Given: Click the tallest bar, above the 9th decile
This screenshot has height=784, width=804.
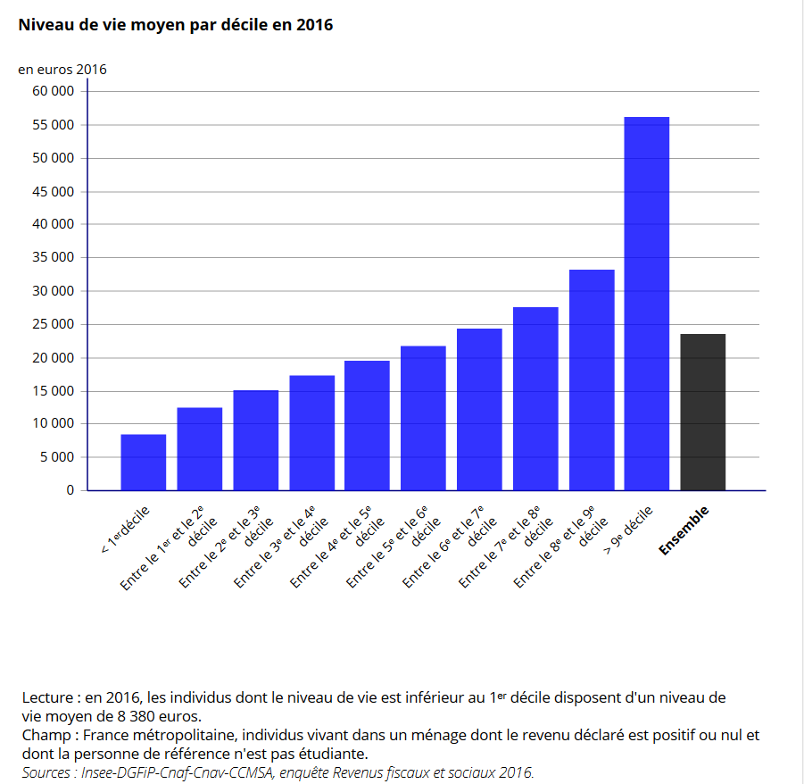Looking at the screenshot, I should tap(646, 304).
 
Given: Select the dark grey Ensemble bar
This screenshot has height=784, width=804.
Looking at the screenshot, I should tap(702, 412).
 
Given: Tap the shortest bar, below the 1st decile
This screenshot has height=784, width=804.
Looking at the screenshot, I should tap(143, 462).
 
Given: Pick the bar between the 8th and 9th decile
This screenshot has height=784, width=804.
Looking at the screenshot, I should tap(591, 379).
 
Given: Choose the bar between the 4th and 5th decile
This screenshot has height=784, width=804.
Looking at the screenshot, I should tap(367, 425).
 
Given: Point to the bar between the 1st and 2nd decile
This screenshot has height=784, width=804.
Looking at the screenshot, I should tap(199, 448).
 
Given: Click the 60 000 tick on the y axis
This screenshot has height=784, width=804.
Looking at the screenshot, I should tap(53, 91).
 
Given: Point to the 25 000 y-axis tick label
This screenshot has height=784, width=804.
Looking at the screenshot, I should tap(53, 325).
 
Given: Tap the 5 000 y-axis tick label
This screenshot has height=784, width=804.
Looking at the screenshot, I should tap(56, 458).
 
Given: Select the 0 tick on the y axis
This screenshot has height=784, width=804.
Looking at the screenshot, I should tap(70, 490).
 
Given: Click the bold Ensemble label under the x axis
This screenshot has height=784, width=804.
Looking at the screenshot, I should tap(684, 531).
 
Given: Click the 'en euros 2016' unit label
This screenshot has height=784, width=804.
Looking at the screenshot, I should tap(62, 69).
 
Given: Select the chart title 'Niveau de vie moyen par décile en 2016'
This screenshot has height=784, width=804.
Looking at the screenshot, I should tap(176, 25).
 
